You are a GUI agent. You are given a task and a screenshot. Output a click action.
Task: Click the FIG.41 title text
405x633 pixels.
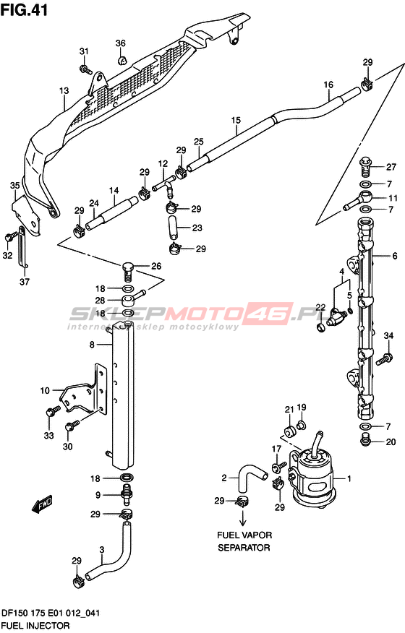pos(24,9)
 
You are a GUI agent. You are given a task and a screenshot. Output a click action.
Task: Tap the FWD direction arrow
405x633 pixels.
pos(43,504)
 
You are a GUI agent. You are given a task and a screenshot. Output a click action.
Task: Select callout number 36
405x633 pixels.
pos(121,43)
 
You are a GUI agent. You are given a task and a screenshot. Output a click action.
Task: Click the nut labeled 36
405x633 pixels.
pos(122,61)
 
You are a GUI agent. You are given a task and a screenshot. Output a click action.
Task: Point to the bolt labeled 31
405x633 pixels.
pos(85,69)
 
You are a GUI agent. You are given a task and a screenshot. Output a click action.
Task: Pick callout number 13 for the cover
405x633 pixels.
pos(64,91)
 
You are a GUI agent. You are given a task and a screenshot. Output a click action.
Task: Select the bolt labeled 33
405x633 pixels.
pos(53,412)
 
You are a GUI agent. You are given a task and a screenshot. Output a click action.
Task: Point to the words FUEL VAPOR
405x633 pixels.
pos(244,535)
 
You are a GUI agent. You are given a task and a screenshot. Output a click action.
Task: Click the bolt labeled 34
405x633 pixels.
pos(384,358)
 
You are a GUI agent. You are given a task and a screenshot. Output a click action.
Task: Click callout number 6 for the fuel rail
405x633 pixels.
pos(394,256)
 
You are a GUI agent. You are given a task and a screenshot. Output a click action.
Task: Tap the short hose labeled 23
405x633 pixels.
pos(173,228)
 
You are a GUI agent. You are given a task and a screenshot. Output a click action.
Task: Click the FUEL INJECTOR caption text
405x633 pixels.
pos(35,626)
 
